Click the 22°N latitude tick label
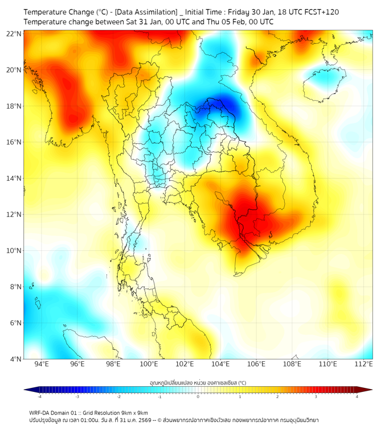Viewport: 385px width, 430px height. tap(15, 34)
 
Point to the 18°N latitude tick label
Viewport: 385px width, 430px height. tap(15, 106)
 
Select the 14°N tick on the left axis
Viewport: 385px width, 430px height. tap(15, 179)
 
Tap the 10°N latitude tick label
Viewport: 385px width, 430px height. tap(15, 251)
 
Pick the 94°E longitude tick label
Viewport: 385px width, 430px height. tap(42, 364)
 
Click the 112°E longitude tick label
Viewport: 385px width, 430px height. tap(363, 364)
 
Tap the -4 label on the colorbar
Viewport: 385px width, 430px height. tap(39, 397)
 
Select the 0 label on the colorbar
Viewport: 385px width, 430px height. tap(198, 397)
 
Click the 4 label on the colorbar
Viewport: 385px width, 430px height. tap(357, 397)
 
